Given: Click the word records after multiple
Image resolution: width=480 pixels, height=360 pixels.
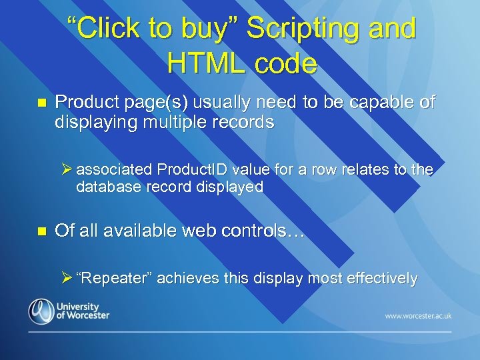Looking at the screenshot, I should (249, 123).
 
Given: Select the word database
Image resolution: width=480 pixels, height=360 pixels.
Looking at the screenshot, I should (107, 187).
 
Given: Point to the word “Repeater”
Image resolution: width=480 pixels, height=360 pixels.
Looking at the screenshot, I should (113, 279).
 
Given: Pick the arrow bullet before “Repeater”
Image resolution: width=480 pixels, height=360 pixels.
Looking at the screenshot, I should (65, 279).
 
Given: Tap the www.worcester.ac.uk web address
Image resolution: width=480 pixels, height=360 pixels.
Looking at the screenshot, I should (418, 315).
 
